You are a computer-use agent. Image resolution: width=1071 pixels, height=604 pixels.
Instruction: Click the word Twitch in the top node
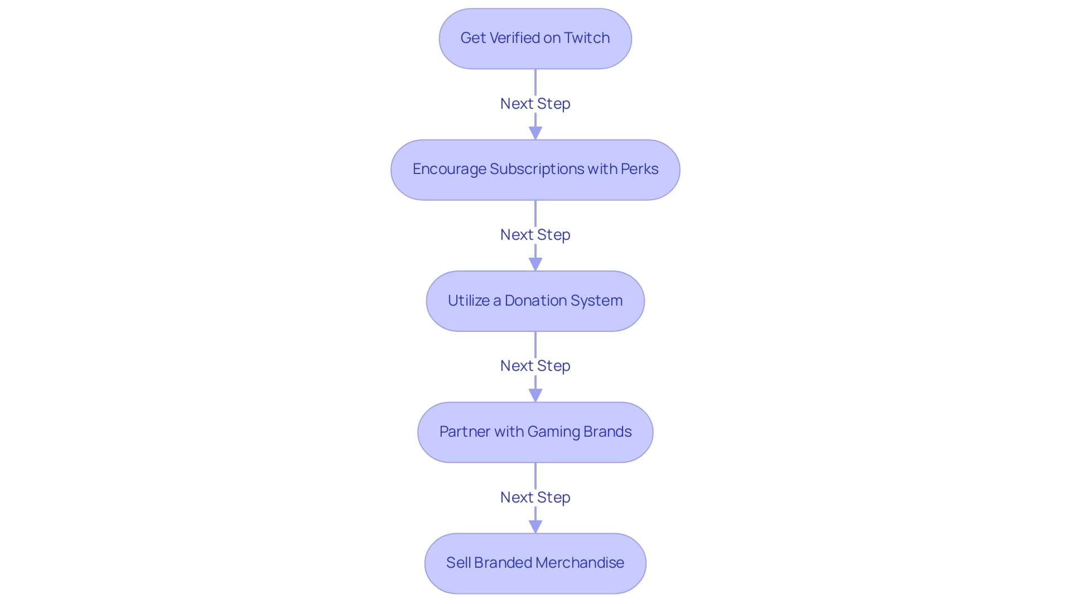pyautogui.click(x=587, y=38)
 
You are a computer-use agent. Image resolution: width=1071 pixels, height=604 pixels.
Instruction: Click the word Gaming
pyautogui.click(x=553, y=432)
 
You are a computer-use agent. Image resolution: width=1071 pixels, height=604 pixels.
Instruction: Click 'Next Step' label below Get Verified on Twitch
pyautogui.click(x=535, y=104)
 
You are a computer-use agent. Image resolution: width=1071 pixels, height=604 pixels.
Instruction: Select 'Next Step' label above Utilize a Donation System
pyautogui.click(x=535, y=235)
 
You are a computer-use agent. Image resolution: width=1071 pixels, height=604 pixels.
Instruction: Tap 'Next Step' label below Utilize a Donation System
pyautogui.click(x=535, y=366)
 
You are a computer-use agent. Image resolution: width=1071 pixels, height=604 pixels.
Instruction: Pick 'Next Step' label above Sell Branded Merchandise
pyautogui.click(x=535, y=497)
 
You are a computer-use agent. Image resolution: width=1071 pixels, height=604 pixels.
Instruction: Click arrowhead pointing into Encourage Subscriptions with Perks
pyautogui.click(x=535, y=133)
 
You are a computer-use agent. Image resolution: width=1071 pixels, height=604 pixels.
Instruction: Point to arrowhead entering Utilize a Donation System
pyautogui.click(x=535, y=264)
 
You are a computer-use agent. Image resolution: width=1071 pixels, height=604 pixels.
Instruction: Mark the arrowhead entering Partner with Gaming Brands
pyautogui.click(x=535, y=395)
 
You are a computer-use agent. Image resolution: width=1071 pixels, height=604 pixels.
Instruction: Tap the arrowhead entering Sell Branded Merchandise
pyautogui.click(x=535, y=526)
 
